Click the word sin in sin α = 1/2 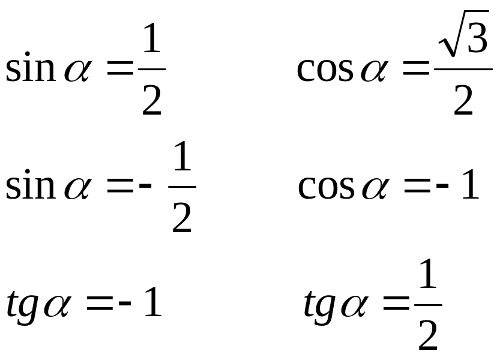(x=29, y=70)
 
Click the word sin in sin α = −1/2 (x=29, y=187)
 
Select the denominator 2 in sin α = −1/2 (x=182, y=219)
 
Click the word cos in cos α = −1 (x=326, y=187)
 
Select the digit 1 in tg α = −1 (x=151, y=304)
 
